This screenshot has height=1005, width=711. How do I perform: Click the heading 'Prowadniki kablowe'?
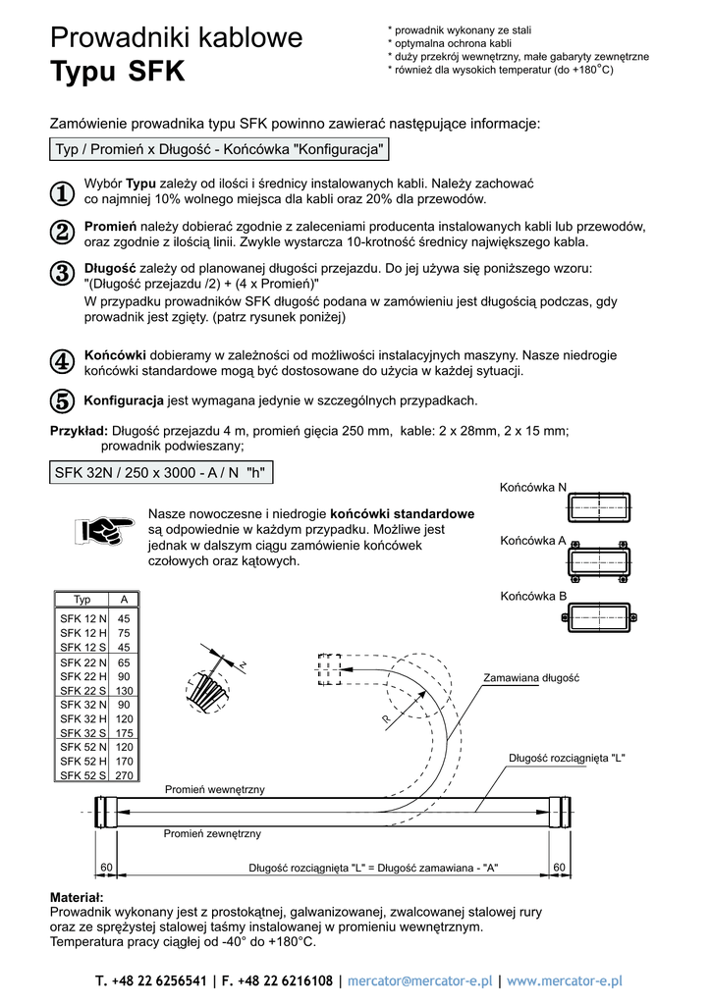click(x=176, y=38)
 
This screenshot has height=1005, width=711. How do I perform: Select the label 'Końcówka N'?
click(x=532, y=487)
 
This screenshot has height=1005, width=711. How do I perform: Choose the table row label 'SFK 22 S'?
click(x=83, y=691)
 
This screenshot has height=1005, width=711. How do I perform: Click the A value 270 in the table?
click(x=124, y=775)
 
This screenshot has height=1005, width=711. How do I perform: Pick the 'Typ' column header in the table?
click(x=82, y=599)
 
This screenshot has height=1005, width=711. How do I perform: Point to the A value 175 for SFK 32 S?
click(x=124, y=733)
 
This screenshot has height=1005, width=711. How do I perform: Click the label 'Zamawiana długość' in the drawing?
click(x=531, y=678)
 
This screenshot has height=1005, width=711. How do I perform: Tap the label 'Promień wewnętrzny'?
click(x=214, y=789)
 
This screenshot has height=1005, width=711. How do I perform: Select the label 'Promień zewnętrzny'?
click(x=212, y=833)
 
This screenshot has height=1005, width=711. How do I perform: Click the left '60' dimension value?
click(x=107, y=867)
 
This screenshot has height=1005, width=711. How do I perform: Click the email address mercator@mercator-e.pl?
click(x=420, y=980)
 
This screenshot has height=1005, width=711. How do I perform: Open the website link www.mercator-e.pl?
click(x=565, y=980)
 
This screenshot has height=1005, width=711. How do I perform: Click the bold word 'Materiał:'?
click(x=76, y=897)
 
